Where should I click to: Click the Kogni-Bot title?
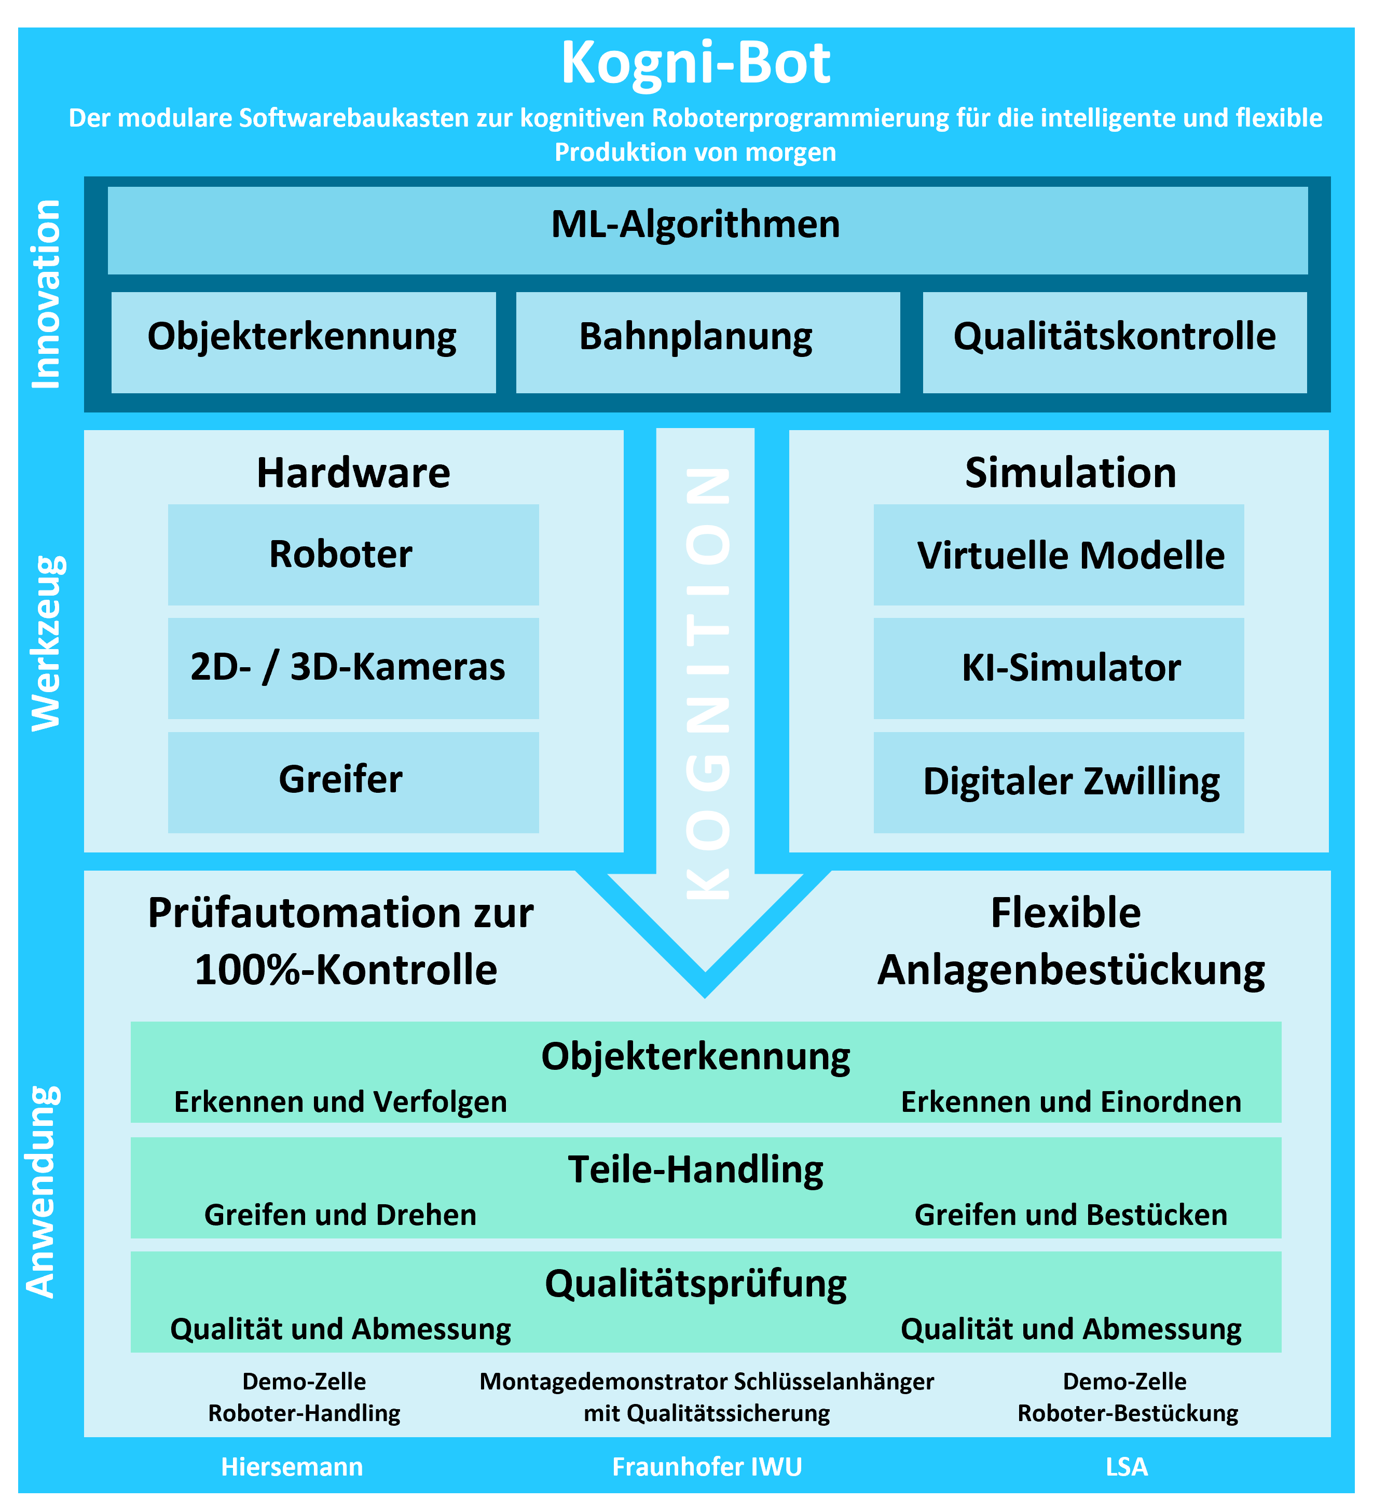(x=695, y=64)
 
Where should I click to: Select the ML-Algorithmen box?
(x=707, y=230)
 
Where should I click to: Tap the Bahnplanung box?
(x=707, y=342)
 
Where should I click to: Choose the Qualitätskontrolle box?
(x=1115, y=342)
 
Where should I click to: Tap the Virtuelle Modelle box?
(x=1059, y=555)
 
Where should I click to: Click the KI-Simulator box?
(x=1059, y=668)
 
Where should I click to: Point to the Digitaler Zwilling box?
(x=1059, y=782)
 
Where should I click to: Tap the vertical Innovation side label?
(x=46, y=294)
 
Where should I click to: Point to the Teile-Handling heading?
(x=695, y=1169)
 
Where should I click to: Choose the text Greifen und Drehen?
(x=340, y=1215)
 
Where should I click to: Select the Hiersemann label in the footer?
(x=292, y=1466)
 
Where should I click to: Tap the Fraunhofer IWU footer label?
(x=707, y=1466)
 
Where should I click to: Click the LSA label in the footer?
(x=1127, y=1466)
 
